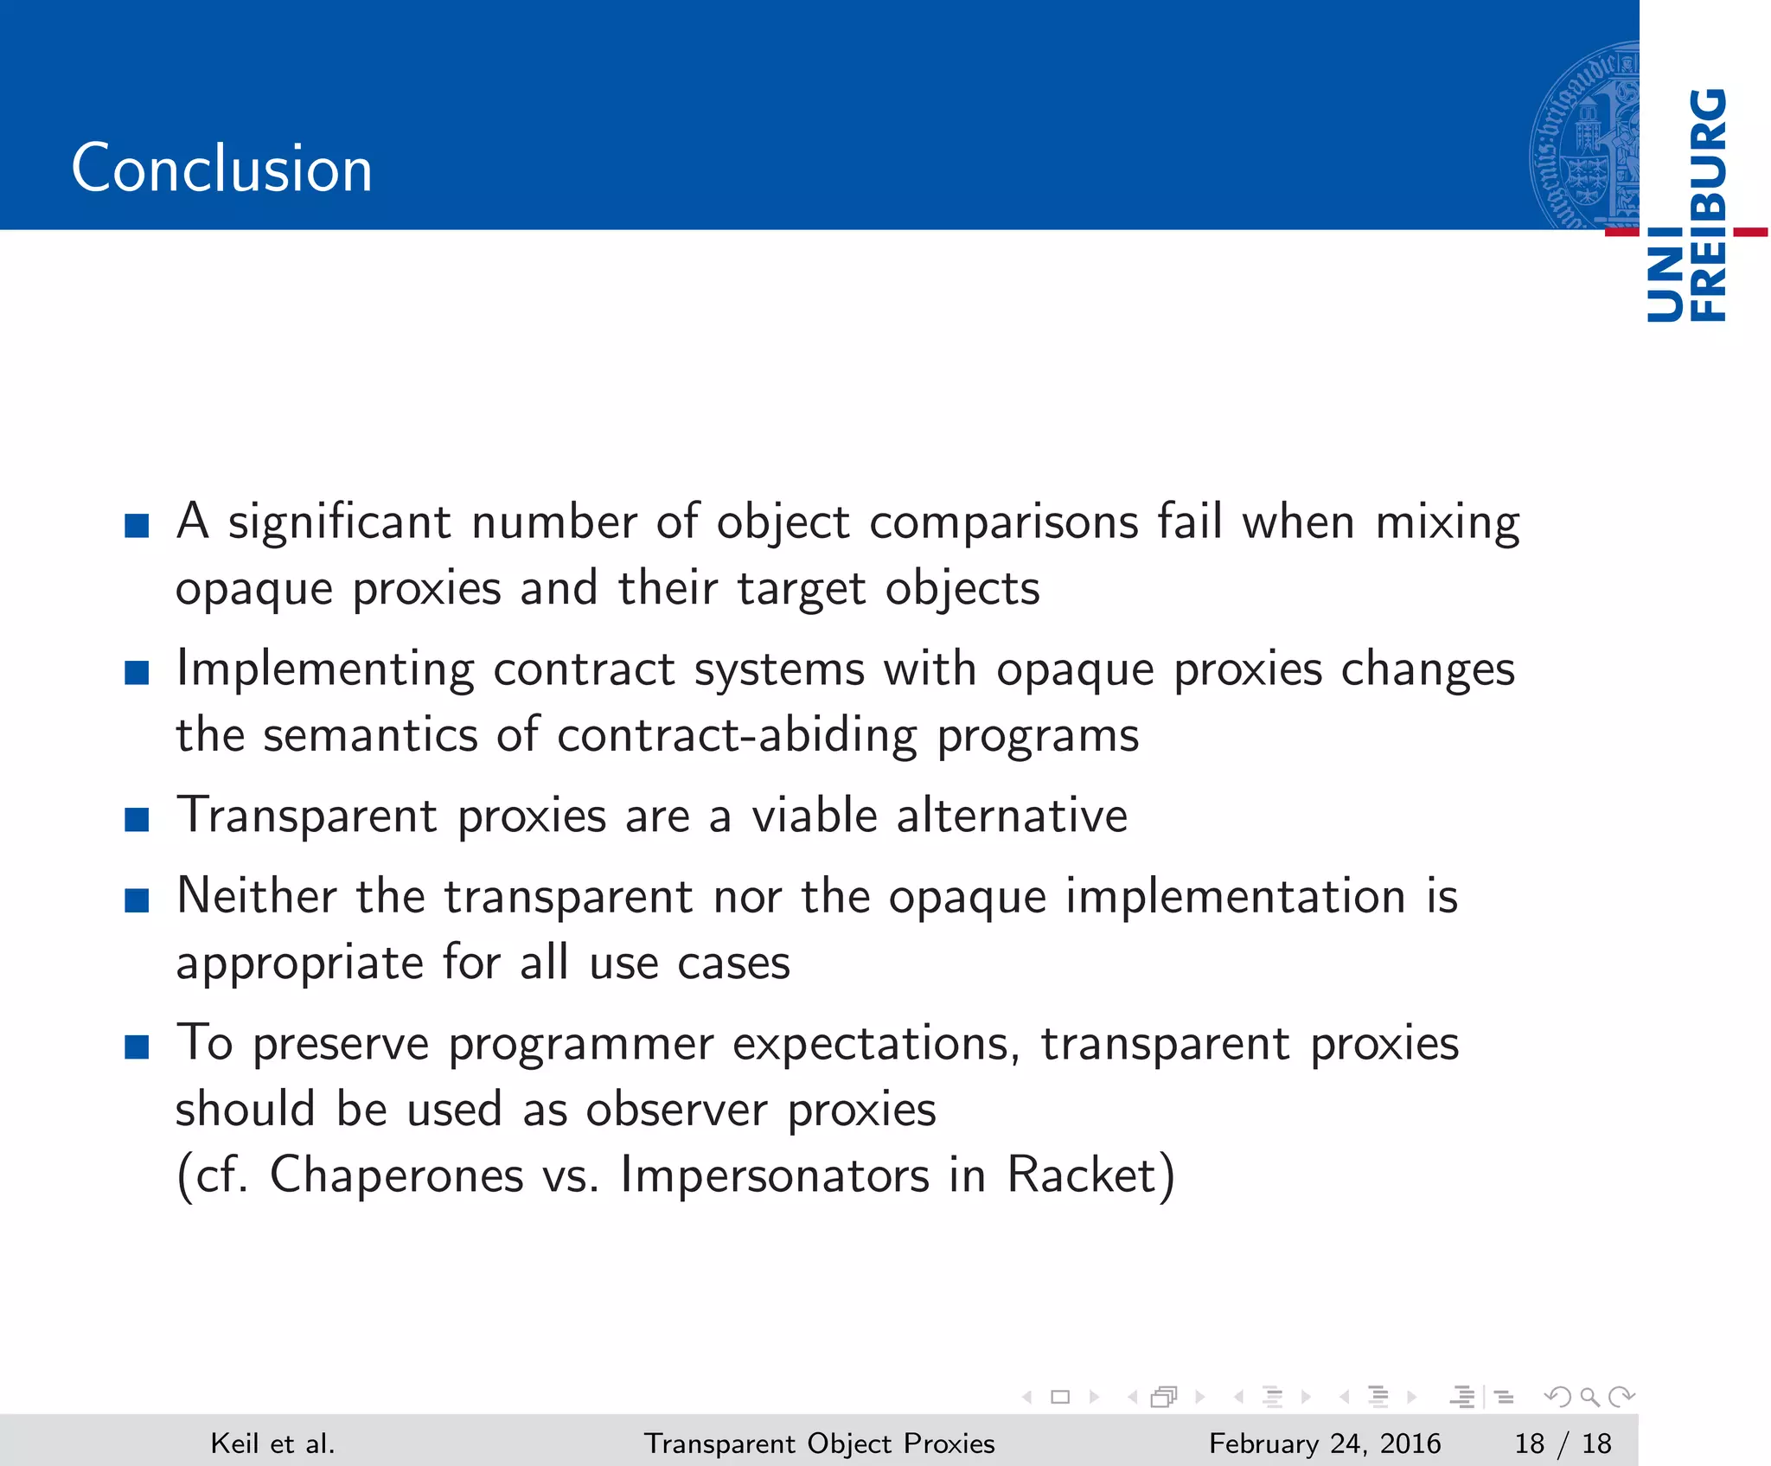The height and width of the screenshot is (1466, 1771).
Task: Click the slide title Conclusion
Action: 221,168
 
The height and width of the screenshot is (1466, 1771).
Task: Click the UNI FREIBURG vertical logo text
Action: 1687,206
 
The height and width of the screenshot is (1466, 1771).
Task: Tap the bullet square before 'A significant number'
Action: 137,525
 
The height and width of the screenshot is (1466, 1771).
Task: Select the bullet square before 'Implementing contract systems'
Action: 137,672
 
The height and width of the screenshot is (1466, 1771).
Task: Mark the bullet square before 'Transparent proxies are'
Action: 137,819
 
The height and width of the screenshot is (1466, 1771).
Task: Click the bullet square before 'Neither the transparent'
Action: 137,899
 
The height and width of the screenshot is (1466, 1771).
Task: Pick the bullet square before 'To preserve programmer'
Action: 137,1047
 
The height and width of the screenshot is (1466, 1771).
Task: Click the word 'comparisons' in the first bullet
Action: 1003,523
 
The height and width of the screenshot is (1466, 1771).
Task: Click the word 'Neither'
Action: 257,896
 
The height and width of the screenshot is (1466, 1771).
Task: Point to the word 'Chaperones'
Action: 397,1175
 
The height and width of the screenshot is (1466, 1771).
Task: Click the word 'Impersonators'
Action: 775,1175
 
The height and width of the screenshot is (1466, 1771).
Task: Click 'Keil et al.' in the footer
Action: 272,1444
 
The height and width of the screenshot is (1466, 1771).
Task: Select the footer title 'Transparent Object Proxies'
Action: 819,1444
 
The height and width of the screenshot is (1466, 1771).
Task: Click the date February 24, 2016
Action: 1324,1444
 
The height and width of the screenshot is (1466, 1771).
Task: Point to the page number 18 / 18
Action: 1563,1444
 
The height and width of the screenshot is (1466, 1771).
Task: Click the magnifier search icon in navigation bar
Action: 1589,1397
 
